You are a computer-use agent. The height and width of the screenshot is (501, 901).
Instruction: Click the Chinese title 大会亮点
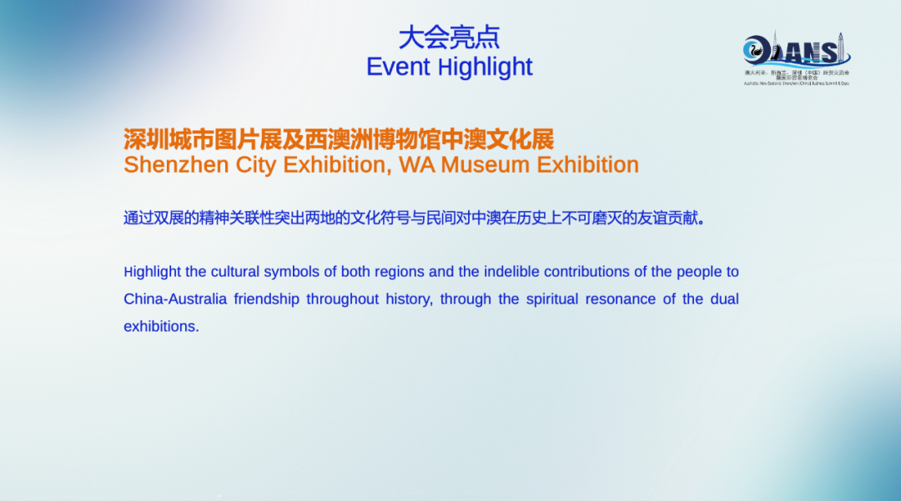[449, 38]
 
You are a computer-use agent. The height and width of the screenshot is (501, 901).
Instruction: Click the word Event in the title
[399, 67]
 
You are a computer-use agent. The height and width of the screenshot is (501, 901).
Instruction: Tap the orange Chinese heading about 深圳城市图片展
[339, 138]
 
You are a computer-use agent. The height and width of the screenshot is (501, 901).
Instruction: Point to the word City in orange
[255, 165]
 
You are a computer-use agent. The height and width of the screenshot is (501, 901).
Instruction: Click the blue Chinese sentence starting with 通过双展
[415, 218]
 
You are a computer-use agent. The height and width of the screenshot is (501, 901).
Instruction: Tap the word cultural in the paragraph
[235, 272]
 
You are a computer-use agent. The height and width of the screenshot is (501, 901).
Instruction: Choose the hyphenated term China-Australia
[175, 299]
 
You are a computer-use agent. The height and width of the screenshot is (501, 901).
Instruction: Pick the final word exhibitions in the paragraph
[161, 327]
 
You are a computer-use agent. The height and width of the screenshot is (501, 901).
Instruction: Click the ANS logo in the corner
[796, 54]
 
